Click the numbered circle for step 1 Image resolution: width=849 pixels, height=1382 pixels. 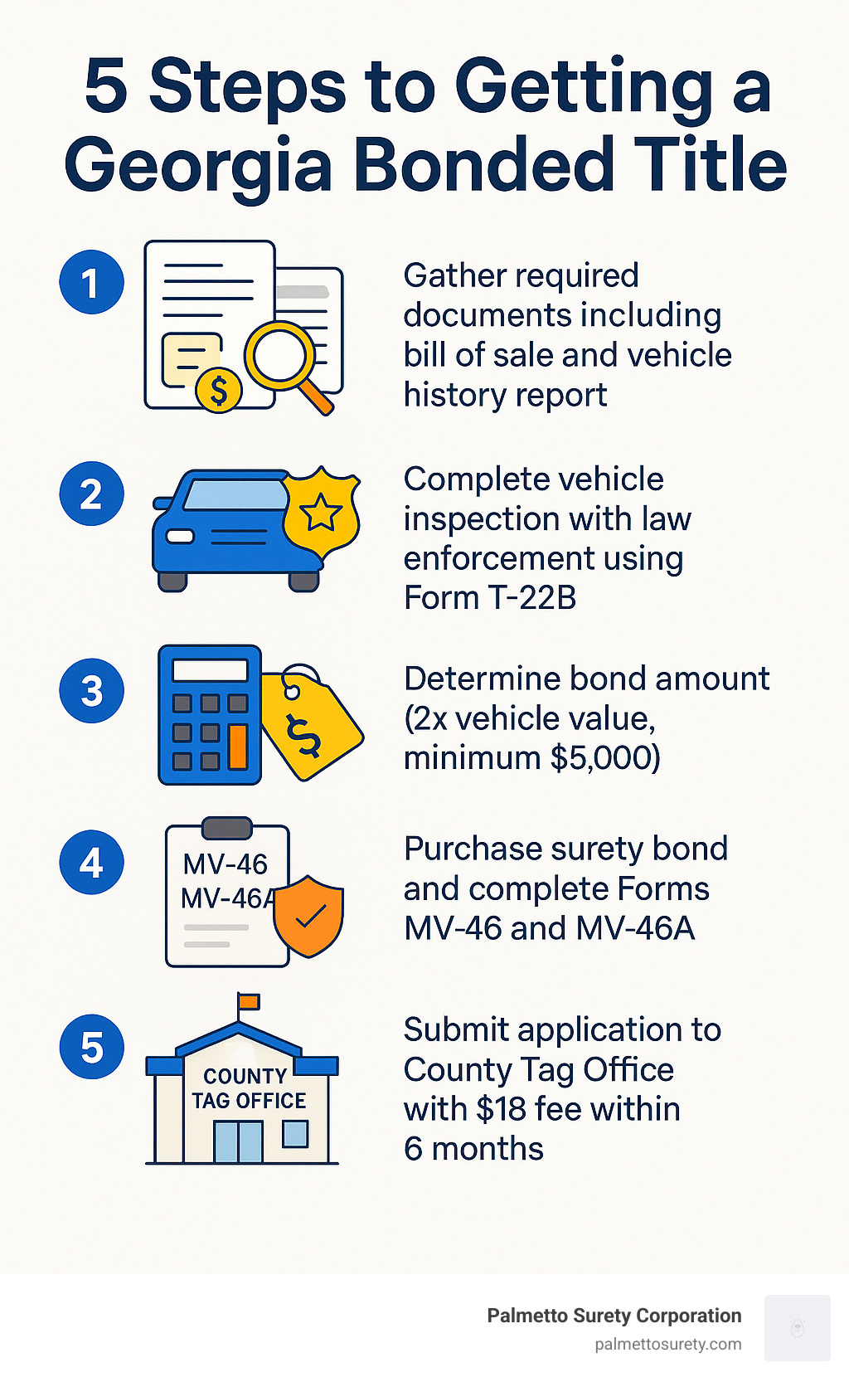point(91,282)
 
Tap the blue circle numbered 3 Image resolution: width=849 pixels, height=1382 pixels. point(91,691)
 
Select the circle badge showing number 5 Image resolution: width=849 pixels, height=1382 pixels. point(91,1047)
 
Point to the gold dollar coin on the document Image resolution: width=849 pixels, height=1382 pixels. point(219,388)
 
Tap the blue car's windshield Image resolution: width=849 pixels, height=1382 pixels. point(235,495)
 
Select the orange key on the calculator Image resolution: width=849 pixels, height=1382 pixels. point(238,746)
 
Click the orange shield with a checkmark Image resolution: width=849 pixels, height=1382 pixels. point(308,915)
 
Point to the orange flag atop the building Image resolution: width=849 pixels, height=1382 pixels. point(249,1001)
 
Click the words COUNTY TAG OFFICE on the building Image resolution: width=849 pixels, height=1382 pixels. point(248,1088)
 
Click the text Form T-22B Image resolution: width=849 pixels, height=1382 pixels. point(489,597)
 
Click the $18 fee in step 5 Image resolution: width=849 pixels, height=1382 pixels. point(502,1109)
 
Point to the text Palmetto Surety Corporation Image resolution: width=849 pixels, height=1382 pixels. point(614,1316)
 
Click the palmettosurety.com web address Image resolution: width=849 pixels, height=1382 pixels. point(667,1345)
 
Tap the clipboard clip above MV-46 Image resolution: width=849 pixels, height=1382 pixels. point(226,828)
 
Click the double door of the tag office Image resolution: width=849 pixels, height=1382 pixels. point(238,1141)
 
